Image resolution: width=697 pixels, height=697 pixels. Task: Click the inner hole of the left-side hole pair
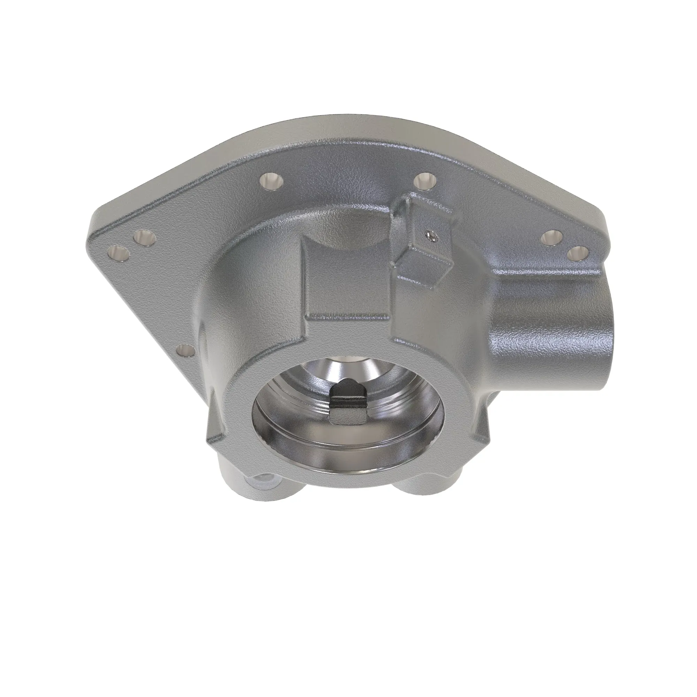click(144, 238)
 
